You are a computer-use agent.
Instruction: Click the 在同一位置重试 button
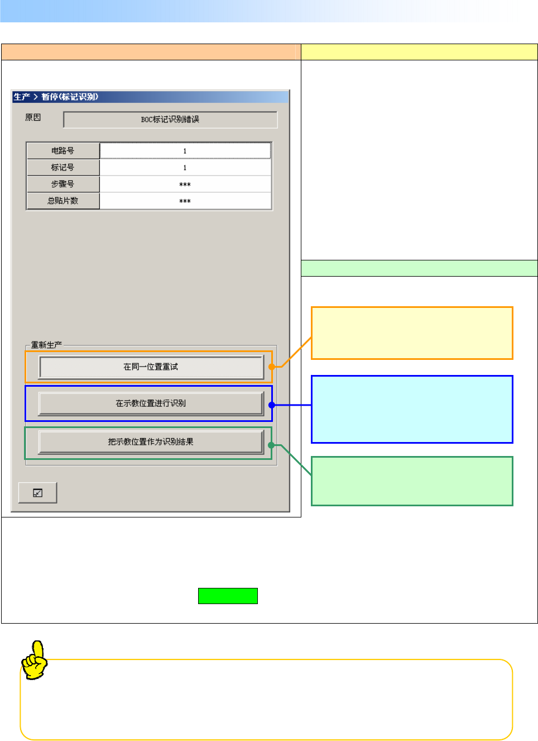151,367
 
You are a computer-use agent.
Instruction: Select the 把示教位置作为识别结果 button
151,442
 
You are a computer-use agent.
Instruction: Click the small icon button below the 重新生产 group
37,493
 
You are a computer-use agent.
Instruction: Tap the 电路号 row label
63,151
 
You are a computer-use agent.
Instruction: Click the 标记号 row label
63,168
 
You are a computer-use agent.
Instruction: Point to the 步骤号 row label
63,184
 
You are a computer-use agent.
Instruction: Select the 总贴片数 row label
63,201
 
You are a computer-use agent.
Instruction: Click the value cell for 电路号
185,151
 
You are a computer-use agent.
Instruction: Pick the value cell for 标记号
185,168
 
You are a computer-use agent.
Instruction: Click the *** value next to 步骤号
185,184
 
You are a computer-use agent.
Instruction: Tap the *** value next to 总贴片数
185,201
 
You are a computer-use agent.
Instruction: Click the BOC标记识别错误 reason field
170,120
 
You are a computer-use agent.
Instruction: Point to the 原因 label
33,117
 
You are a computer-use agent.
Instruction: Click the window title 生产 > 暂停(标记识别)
56,97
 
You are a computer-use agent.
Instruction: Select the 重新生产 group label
46,345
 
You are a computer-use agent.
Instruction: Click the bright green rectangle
228,596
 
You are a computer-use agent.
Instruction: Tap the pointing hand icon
35,660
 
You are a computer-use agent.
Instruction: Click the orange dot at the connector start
271,367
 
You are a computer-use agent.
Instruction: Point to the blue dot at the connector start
271,405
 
